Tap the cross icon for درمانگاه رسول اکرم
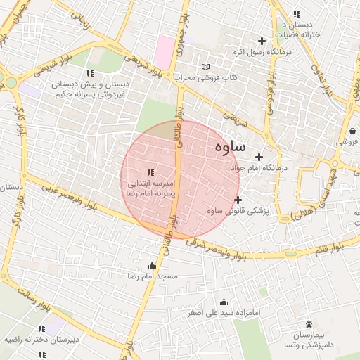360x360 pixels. click(x=262, y=41)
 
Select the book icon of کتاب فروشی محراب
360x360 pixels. click(x=205, y=67)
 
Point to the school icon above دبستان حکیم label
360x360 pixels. click(x=89, y=73)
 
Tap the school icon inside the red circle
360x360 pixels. click(x=150, y=172)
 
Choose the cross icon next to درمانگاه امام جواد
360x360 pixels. click(x=259, y=157)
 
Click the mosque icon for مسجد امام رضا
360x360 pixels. click(x=152, y=265)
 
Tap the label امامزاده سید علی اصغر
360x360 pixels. click(x=224, y=311)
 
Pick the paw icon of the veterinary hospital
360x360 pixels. click(x=309, y=323)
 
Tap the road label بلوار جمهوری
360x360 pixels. click(x=181, y=23)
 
